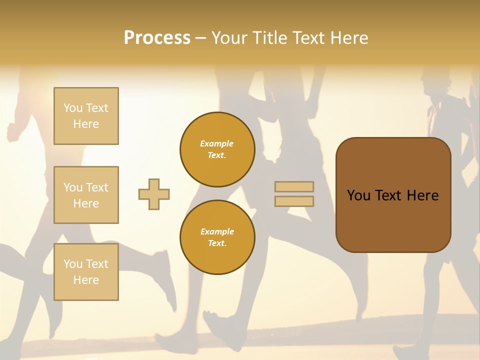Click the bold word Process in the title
tap(157, 38)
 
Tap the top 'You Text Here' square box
tap(86, 116)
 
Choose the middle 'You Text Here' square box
tap(86, 195)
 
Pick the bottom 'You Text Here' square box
tap(86, 272)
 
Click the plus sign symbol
tap(154, 194)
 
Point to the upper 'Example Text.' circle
tap(217, 149)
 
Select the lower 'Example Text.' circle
tap(217, 237)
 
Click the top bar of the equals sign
tap(294, 187)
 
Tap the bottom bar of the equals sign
tap(294, 201)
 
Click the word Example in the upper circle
tap(216, 143)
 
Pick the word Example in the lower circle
tap(216, 231)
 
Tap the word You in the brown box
tap(358, 195)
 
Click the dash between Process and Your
tap(200, 38)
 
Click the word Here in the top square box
tap(86, 124)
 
